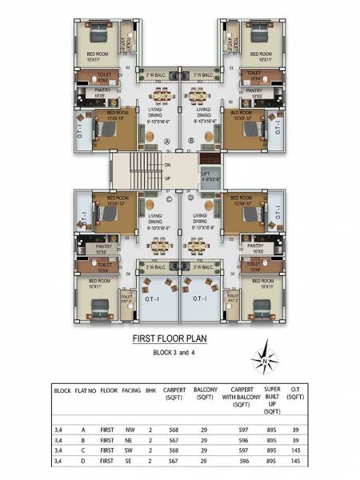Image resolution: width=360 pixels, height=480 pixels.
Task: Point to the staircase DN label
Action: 167,165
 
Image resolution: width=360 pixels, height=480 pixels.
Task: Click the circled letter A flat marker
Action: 167,141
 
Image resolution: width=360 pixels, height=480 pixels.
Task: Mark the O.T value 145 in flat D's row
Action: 300,462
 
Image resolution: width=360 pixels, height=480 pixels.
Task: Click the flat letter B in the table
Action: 84,440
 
